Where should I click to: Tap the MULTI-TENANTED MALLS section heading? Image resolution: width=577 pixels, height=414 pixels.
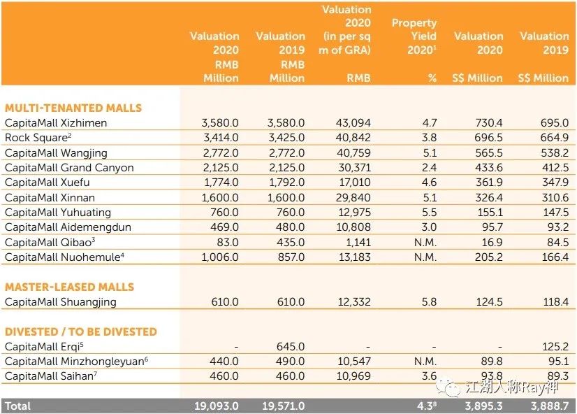[x=73, y=108]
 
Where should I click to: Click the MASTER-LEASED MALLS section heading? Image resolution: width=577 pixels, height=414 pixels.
[x=69, y=287]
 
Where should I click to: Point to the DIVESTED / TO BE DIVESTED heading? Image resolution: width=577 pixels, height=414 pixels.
[x=80, y=331]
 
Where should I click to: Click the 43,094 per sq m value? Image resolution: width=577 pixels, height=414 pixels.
[x=351, y=123]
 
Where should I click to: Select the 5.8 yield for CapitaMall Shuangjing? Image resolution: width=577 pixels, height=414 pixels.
[x=429, y=302]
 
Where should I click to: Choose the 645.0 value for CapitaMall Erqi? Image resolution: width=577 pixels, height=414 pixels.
[x=290, y=347]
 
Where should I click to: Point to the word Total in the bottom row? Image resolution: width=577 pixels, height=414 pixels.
[x=18, y=406]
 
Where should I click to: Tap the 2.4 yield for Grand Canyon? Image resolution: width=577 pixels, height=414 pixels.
[x=429, y=168]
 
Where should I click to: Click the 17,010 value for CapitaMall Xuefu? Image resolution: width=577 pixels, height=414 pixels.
[x=353, y=183]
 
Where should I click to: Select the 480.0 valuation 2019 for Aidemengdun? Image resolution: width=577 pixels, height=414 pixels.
[x=290, y=227]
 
